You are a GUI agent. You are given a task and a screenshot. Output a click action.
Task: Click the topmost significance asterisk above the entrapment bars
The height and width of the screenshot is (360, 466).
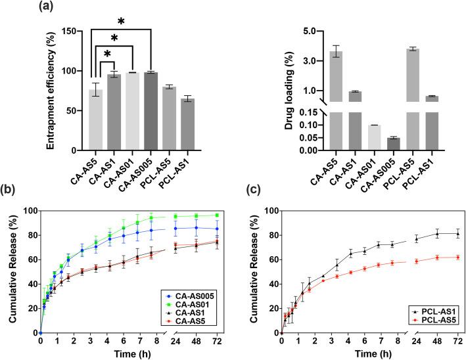pyautogui.click(x=121, y=22)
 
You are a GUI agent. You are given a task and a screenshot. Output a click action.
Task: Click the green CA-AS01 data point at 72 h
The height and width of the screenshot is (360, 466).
pyautogui.click(x=216, y=215)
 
